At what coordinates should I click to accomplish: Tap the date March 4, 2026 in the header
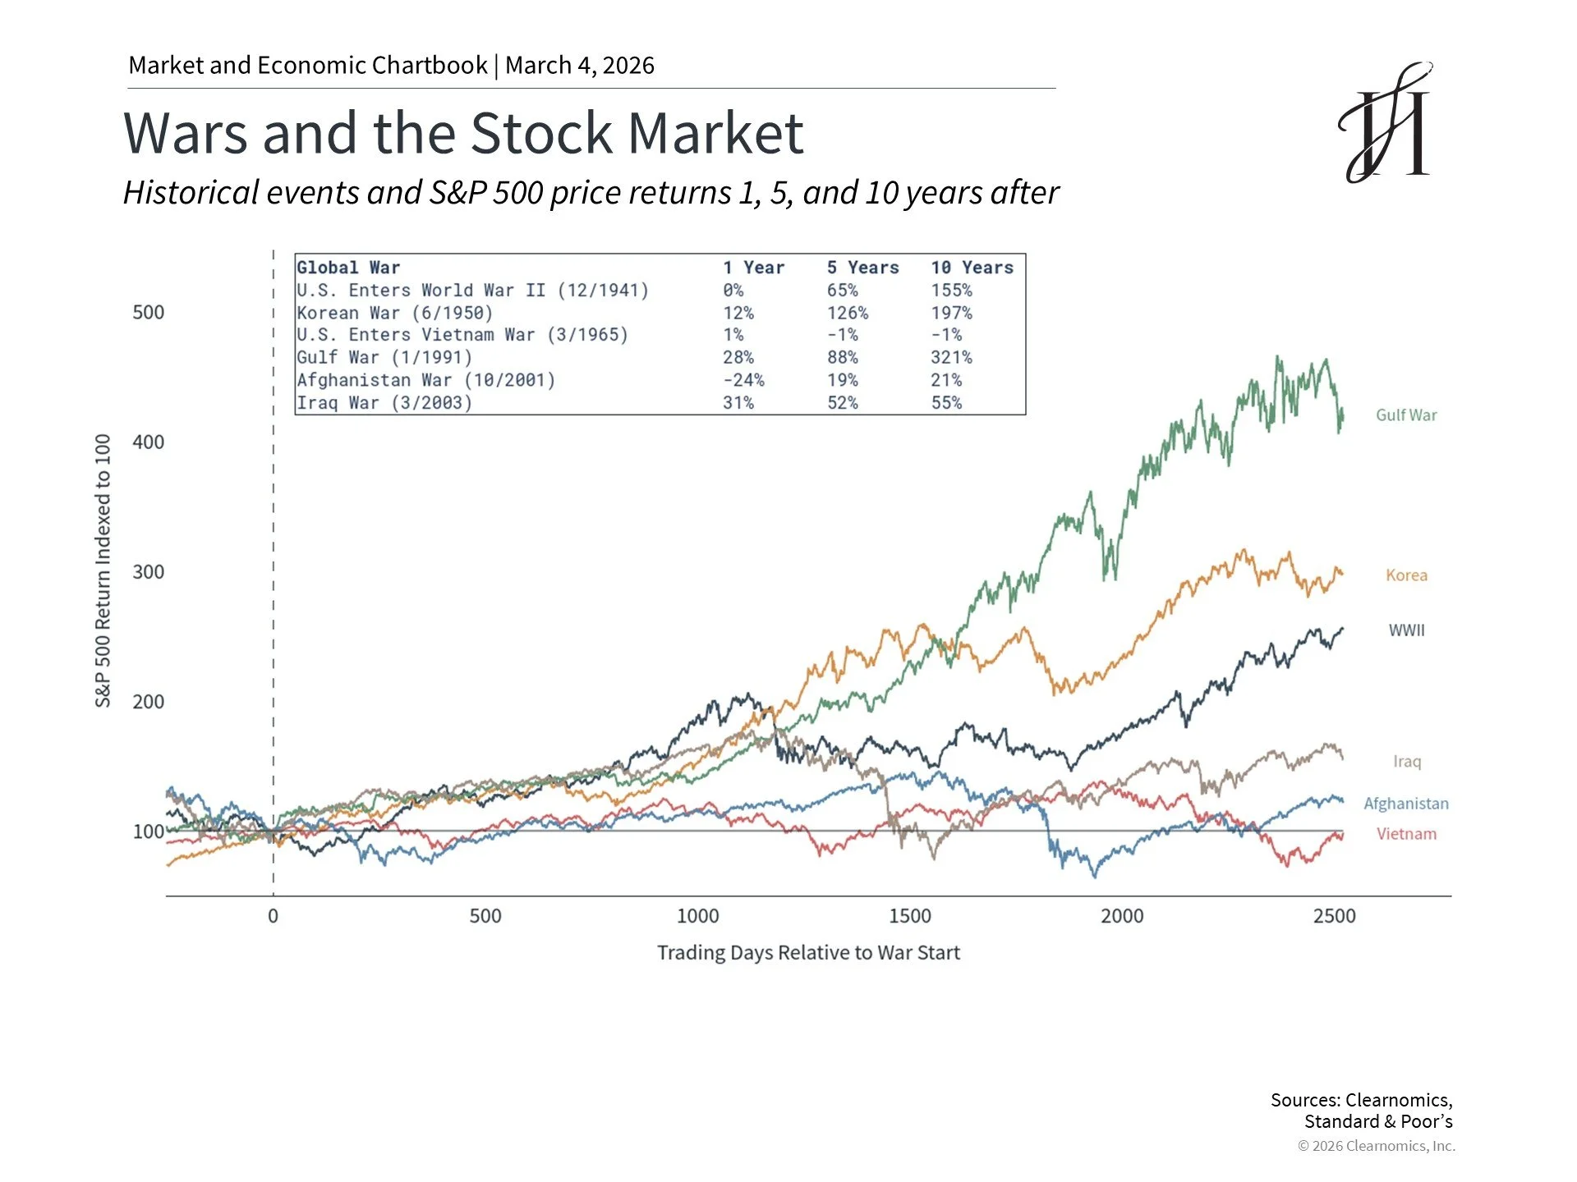coord(580,65)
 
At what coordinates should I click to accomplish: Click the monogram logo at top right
coord(1386,122)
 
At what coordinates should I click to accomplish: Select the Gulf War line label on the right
coord(1406,415)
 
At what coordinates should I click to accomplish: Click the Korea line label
coord(1406,575)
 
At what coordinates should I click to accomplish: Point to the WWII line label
coord(1406,630)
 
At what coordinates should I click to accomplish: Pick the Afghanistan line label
coord(1405,804)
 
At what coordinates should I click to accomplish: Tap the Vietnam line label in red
coord(1406,834)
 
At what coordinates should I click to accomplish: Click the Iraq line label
coord(1406,762)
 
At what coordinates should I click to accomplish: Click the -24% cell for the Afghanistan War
coord(743,380)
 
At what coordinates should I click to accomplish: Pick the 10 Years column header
coord(972,268)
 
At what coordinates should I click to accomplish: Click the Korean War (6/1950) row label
coord(394,313)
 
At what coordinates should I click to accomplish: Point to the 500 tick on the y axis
coord(148,313)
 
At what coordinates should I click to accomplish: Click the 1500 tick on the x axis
coord(909,916)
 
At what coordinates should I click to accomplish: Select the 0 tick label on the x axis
coord(273,916)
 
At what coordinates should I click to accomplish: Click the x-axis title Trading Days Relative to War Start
coord(808,953)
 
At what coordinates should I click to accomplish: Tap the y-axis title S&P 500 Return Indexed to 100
coord(103,570)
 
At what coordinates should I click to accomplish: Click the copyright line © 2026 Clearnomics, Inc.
coord(1376,1146)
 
